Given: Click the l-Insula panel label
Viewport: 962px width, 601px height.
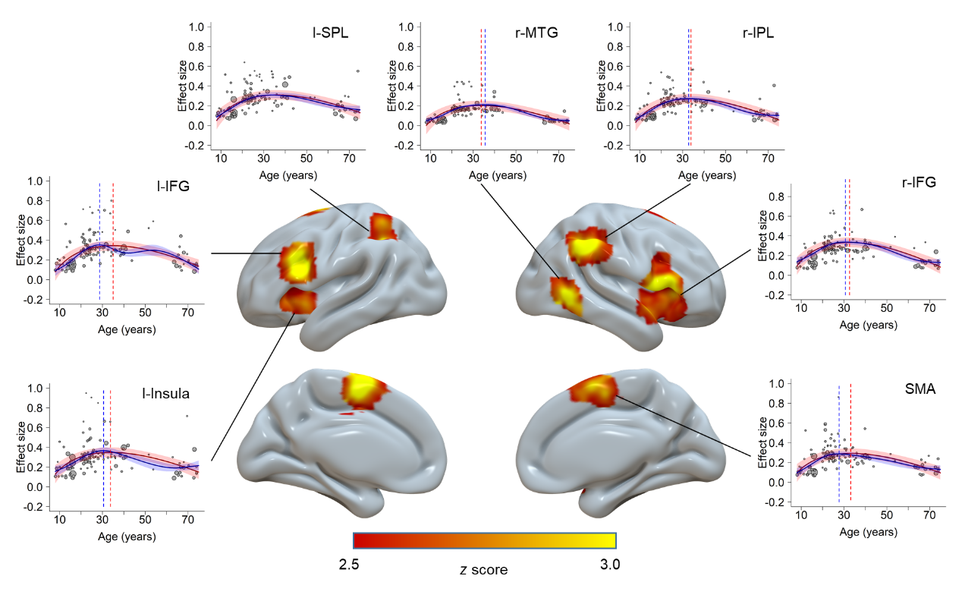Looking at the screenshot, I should click(x=165, y=393).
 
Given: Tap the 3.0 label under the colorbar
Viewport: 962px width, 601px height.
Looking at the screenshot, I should click(x=609, y=565).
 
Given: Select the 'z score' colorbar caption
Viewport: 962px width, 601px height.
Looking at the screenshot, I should click(x=483, y=569).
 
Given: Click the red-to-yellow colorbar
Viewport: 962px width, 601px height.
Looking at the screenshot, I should click(x=484, y=540).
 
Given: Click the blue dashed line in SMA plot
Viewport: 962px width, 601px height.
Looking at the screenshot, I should click(x=839, y=448).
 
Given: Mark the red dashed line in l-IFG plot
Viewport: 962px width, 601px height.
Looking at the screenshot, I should click(x=113, y=243).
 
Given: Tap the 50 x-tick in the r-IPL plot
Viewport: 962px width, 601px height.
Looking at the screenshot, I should click(x=725, y=158).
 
